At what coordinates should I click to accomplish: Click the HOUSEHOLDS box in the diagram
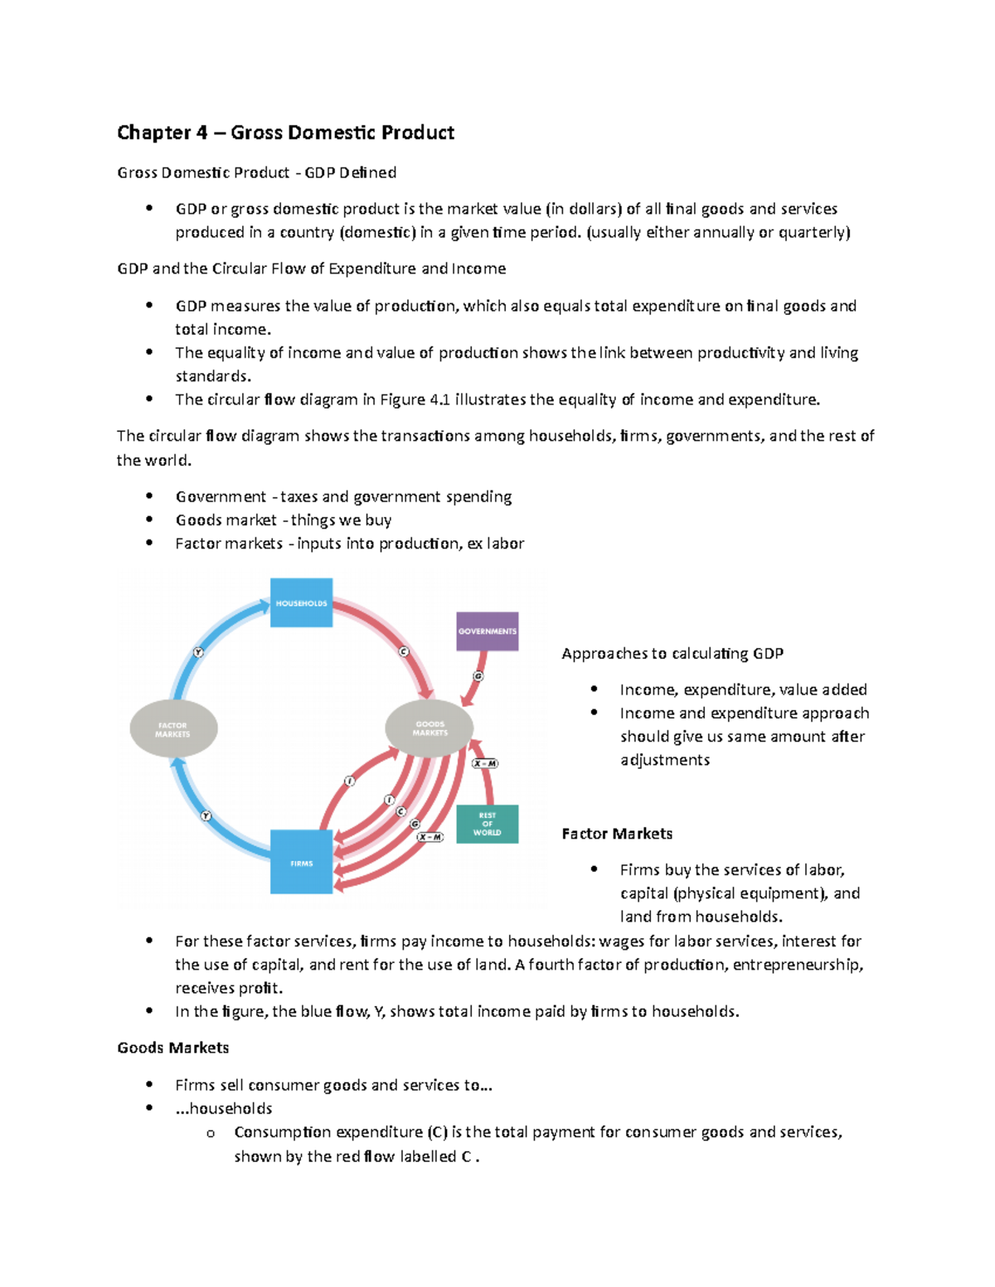(301, 602)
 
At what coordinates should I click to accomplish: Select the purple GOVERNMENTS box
(488, 631)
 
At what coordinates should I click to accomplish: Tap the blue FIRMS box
(301, 862)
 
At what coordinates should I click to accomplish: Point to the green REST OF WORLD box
(488, 824)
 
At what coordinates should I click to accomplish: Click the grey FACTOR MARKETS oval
(173, 728)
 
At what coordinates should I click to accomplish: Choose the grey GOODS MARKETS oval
(430, 728)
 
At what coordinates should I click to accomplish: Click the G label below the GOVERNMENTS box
(478, 676)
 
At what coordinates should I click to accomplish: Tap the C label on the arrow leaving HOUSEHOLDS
(404, 651)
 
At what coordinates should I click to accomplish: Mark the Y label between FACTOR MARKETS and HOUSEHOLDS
(198, 652)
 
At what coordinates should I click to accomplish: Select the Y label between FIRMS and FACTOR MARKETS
(206, 816)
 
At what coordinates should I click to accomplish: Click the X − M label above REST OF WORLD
(485, 763)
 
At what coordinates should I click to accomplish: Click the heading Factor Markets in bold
(617, 834)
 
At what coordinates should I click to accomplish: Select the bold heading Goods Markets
(172, 1048)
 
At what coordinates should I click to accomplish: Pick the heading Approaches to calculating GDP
(672, 653)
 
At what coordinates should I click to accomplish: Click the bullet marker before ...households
(149, 1108)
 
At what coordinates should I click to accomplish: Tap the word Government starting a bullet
(221, 496)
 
